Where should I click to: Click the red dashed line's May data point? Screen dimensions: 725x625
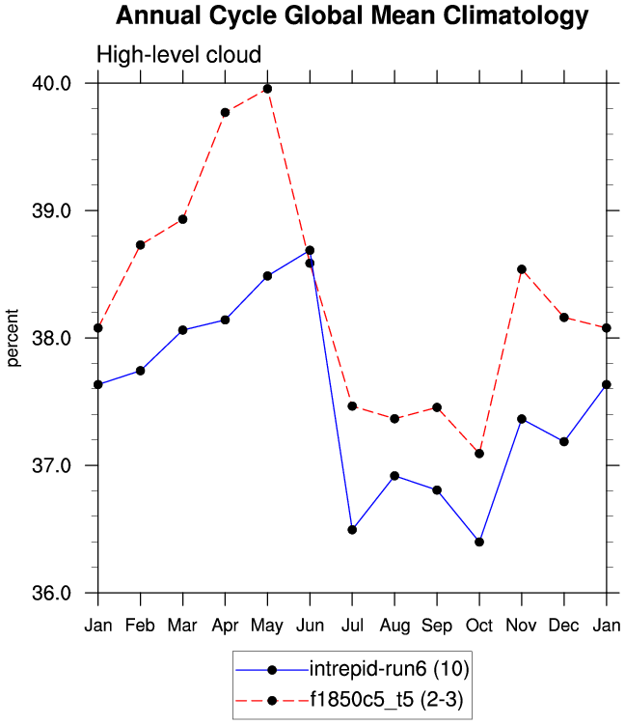[x=267, y=89]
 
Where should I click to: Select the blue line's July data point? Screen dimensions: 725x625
[x=352, y=530]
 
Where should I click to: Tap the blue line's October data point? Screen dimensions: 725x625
[x=479, y=542]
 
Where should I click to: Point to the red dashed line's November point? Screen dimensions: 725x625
[x=522, y=269]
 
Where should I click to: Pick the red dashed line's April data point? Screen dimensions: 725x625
[x=225, y=112]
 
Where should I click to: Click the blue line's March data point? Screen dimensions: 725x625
[x=182, y=330]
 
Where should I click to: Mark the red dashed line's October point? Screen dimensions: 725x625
[x=479, y=454]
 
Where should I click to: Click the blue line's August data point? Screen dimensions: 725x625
[x=394, y=476]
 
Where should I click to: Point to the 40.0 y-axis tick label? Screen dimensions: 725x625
[x=54, y=83]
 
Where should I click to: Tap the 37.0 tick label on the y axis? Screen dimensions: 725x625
[x=54, y=465]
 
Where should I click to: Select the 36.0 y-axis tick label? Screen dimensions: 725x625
[x=54, y=593]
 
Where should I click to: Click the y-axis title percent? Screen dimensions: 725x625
[x=14, y=338]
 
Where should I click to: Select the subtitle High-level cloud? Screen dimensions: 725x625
[x=178, y=55]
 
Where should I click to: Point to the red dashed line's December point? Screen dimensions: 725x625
[x=564, y=318]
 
